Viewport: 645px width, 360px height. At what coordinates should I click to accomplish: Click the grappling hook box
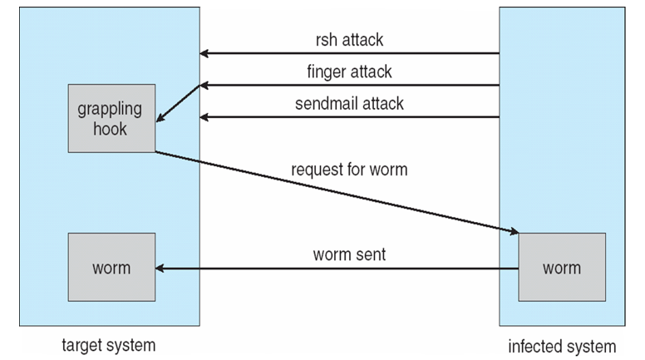click(x=111, y=118)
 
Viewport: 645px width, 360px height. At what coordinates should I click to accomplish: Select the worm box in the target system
click(x=111, y=268)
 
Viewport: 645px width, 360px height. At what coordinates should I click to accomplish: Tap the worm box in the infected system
click(x=561, y=268)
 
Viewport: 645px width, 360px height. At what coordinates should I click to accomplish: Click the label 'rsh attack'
click(x=349, y=39)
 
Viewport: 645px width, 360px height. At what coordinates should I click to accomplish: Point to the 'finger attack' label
click(x=349, y=72)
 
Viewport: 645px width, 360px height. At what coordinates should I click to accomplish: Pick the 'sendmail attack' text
click(x=349, y=104)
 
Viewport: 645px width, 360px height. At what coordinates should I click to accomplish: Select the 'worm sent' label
click(x=349, y=254)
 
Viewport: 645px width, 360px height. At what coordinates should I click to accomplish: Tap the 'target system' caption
click(x=109, y=344)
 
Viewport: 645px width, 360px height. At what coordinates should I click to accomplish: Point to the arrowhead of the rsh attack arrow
click(x=204, y=54)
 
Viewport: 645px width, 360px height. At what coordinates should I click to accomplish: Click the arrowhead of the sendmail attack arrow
click(x=204, y=117)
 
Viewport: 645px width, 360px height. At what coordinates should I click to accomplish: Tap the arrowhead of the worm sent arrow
click(x=160, y=269)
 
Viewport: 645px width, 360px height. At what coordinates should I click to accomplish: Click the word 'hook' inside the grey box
click(x=111, y=129)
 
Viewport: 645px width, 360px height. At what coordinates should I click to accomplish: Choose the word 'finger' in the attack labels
click(x=325, y=72)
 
